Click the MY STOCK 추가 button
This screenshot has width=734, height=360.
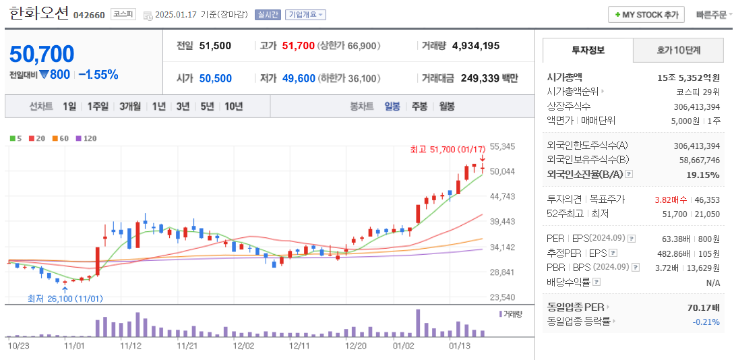[646, 14]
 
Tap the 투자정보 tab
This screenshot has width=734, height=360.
[588, 51]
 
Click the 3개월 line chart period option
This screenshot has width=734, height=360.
[130, 107]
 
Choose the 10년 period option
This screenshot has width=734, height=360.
[234, 107]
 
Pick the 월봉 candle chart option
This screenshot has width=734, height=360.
[446, 107]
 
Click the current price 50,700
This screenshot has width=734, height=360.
[42, 54]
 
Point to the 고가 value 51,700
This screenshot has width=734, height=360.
[298, 46]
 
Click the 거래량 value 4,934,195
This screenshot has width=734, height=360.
[476, 46]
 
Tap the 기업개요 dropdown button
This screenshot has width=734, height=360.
[305, 15]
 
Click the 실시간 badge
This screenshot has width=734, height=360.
[268, 15]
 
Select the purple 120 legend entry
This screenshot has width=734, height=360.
[86, 138]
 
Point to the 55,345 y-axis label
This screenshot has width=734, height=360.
[502, 147]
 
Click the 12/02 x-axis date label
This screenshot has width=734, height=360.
[243, 346]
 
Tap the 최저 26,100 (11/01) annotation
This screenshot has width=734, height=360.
[65, 299]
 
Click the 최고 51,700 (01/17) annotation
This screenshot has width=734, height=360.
[448, 149]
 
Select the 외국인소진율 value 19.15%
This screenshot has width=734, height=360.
[702, 175]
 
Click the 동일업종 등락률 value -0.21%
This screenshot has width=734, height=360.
[706, 322]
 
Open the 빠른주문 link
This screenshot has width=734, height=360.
[712, 15]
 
